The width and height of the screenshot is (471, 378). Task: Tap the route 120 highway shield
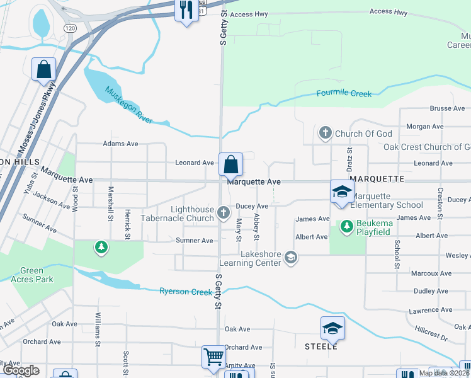pyautogui.click(x=70, y=29)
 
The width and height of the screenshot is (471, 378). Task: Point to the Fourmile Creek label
pyautogui.click(x=344, y=94)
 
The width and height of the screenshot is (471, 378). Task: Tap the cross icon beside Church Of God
pyautogui.click(x=325, y=133)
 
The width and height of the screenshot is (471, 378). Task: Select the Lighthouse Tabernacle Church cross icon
pyautogui.click(x=223, y=214)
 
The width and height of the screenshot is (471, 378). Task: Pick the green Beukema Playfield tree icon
pyautogui.click(x=346, y=226)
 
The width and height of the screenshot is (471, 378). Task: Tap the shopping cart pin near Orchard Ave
pyautogui.click(x=213, y=357)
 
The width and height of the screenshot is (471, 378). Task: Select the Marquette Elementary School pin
pyautogui.click(x=342, y=192)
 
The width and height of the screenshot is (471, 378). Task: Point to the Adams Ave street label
pyautogui.click(x=120, y=144)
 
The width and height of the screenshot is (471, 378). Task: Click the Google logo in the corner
pyautogui.click(x=21, y=370)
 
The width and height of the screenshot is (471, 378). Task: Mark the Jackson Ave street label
pyautogui.click(x=53, y=200)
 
